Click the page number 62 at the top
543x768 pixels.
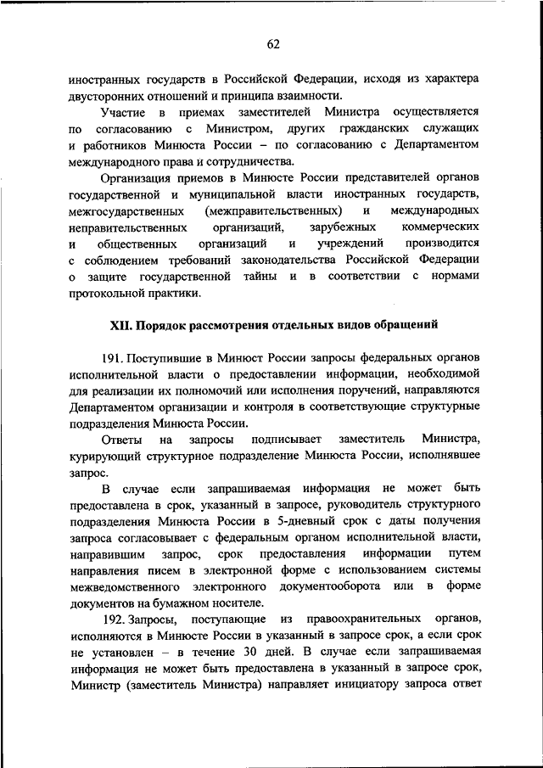271,44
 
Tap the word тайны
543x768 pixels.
265,277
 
